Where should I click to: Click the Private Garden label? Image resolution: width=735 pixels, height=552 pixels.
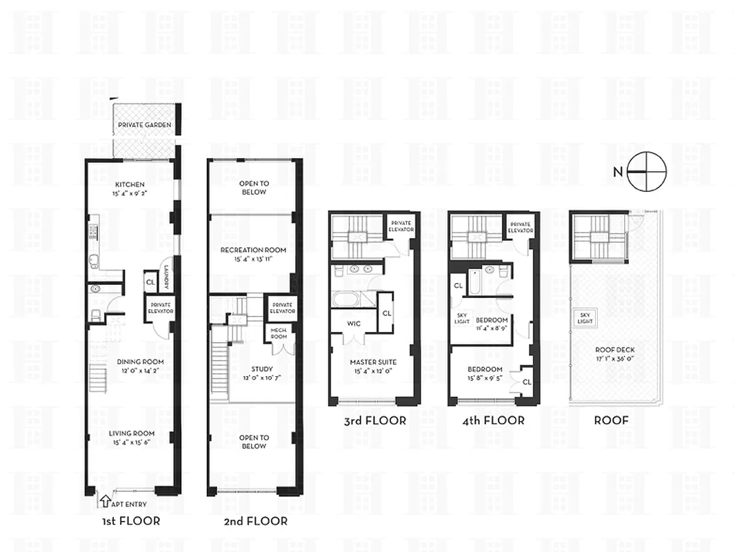click(x=144, y=125)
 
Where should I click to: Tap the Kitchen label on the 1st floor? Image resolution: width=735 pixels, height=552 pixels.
click(x=130, y=184)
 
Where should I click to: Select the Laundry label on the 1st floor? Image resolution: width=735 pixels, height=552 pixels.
click(x=166, y=277)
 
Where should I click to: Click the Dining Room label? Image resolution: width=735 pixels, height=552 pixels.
click(x=130, y=361)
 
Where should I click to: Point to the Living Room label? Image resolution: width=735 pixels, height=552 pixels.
click(x=131, y=433)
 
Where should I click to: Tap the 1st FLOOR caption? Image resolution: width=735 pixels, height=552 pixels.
click(x=130, y=521)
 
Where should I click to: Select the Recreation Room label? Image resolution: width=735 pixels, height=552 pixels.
click(x=253, y=250)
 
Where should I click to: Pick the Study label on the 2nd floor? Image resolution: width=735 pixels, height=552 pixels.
click(x=254, y=368)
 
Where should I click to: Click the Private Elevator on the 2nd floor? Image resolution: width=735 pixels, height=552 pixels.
click(x=282, y=308)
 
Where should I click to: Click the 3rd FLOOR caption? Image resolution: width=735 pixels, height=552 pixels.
click(x=374, y=420)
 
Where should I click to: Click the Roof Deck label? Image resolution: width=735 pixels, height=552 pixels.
click(x=614, y=350)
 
